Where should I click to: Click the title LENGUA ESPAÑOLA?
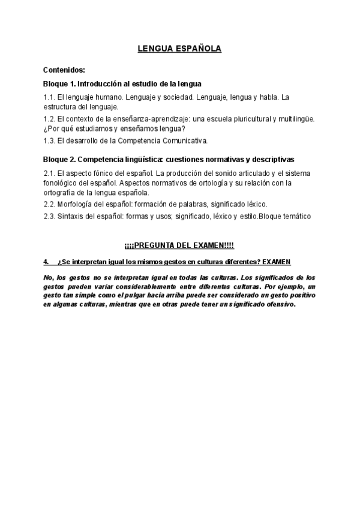click(x=179, y=49)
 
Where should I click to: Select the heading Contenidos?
click(x=64, y=70)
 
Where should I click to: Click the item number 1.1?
click(x=49, y=97)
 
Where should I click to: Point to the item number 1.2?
click(x=49, y=119)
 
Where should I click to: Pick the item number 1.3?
click(x=49, y=141)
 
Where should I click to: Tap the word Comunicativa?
click(x=184, y=141)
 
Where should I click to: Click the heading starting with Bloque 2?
click(x=169, y=160)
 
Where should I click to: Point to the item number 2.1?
click(x=49, y=173)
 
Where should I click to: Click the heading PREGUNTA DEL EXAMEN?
click(x=179, y=246)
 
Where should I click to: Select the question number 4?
click(x=46, y=262)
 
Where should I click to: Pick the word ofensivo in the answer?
click(x=278, y=304)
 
